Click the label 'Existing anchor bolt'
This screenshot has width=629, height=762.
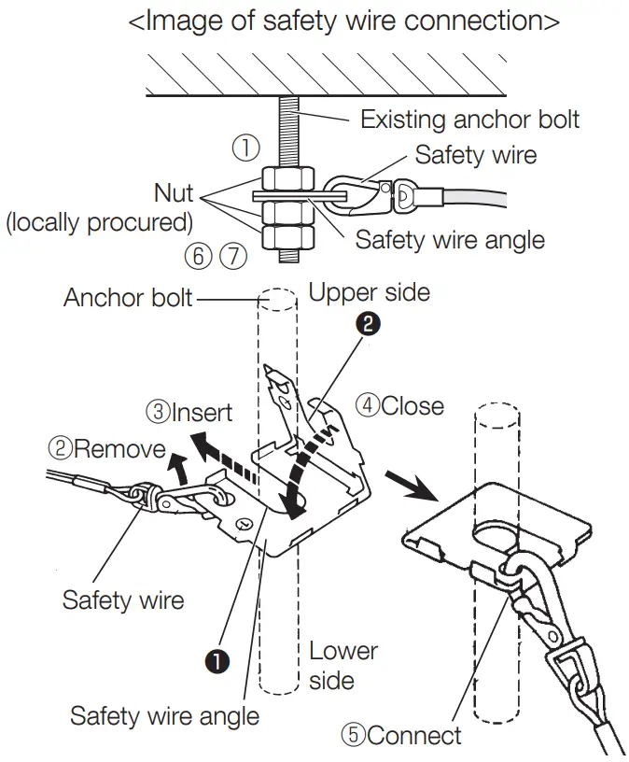point(469,120)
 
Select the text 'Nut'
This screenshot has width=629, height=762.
point(174,193)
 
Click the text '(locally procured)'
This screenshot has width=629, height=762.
point(99,223)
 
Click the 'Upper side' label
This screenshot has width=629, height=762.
point(369,292)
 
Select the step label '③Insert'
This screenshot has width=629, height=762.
point(190,411)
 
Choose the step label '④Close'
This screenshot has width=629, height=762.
point(399,406)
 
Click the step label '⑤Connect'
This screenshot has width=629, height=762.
point(400,735)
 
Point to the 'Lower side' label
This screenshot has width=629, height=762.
point(342,665)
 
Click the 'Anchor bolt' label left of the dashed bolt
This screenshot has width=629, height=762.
point(128,298)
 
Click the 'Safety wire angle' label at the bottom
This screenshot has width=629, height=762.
point(164,716)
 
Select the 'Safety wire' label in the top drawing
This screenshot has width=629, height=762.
point(476,154)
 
